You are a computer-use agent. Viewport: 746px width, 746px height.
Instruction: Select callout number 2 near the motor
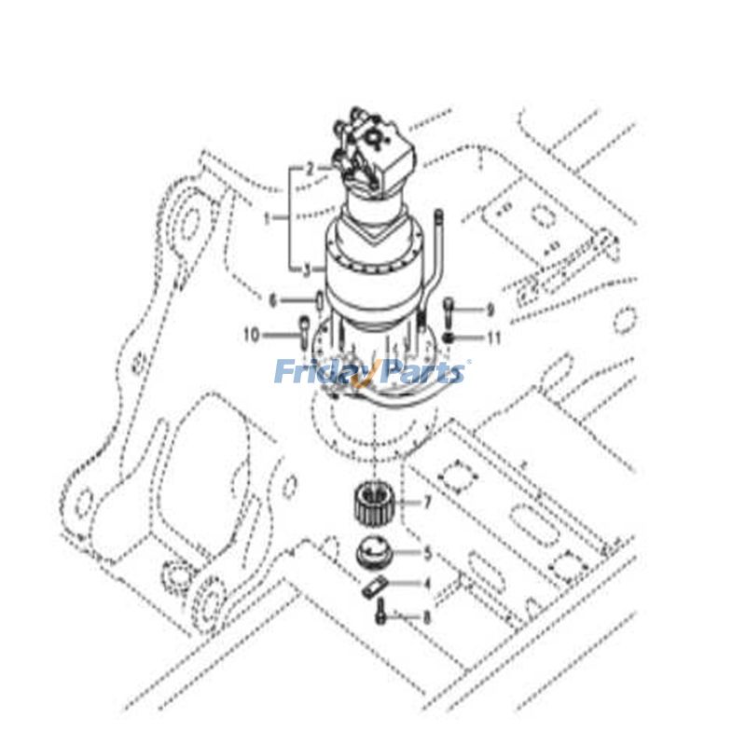[310, 169]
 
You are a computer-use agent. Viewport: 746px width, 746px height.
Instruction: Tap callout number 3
[306, 269]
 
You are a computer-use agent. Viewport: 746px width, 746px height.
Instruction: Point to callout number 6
[272, 300]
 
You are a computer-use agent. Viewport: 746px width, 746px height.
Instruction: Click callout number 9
[490, 310]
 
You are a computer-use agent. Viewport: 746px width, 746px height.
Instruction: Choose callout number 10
[251, 334]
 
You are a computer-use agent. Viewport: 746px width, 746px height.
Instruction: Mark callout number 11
[493, 338]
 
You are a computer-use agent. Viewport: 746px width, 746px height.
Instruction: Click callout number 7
[427, 503]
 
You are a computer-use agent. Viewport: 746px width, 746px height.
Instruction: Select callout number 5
[427, 553]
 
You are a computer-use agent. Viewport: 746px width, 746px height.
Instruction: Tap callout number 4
[427, 584]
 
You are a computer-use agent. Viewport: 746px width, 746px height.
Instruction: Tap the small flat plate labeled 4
[372, 587]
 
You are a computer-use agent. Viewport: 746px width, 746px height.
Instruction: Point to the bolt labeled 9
[449, 308]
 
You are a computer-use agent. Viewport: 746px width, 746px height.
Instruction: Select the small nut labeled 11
[449, 336]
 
